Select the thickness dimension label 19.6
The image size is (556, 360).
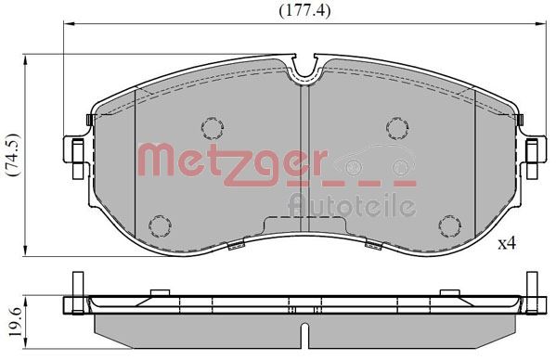(x=11, y=318)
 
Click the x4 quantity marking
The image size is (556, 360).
(x=507, y=244)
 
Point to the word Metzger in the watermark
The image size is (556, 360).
(x=232, y=161)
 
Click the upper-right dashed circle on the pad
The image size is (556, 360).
(x=397, y=126)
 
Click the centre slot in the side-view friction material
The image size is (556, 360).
(x=305, y=329)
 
